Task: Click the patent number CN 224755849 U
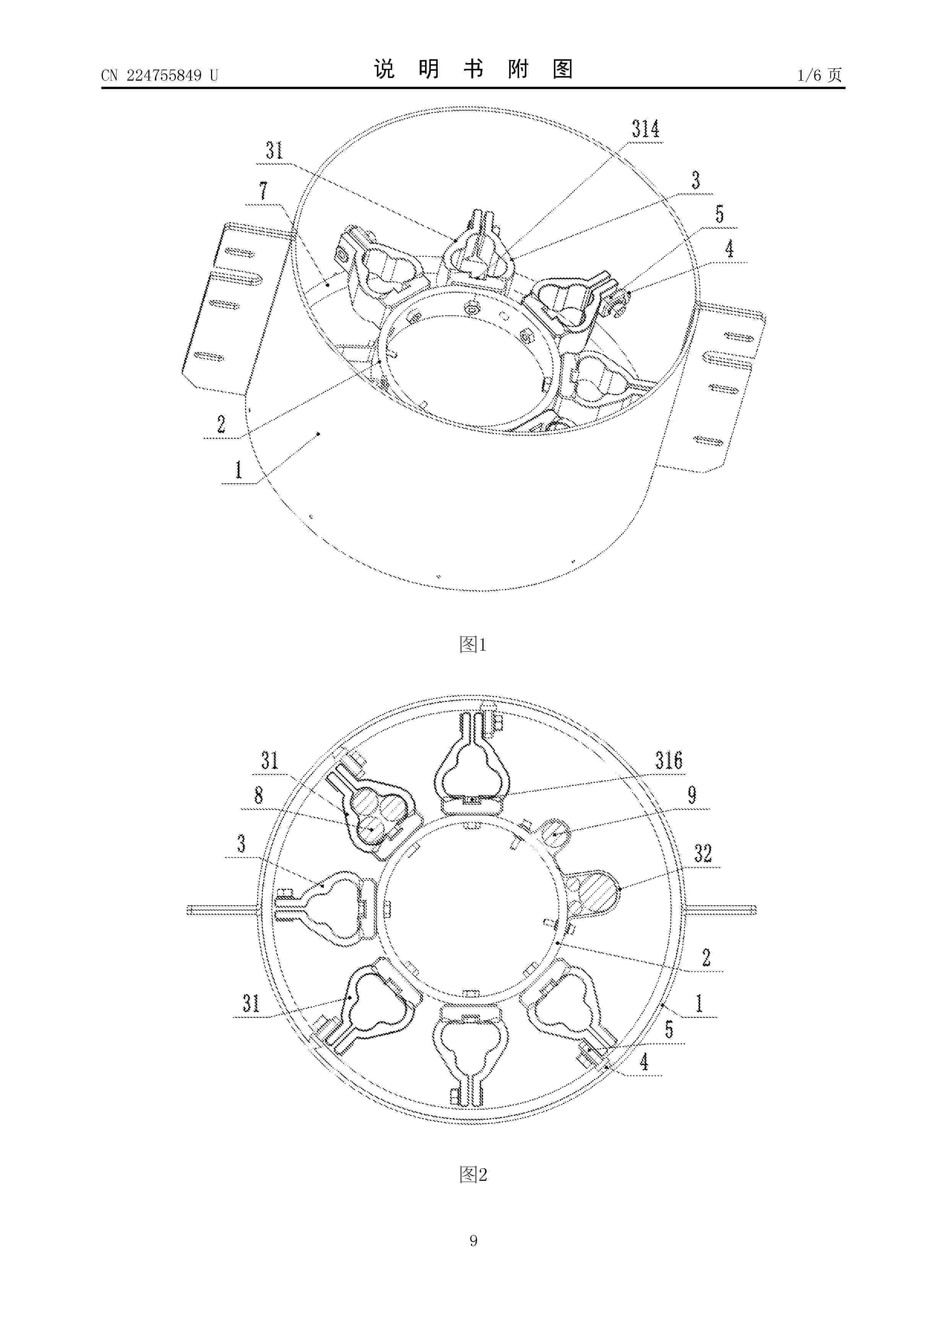[159, 75]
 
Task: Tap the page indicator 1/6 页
[820, 75]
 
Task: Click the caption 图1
[473, 645]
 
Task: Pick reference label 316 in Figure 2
[669, 760]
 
